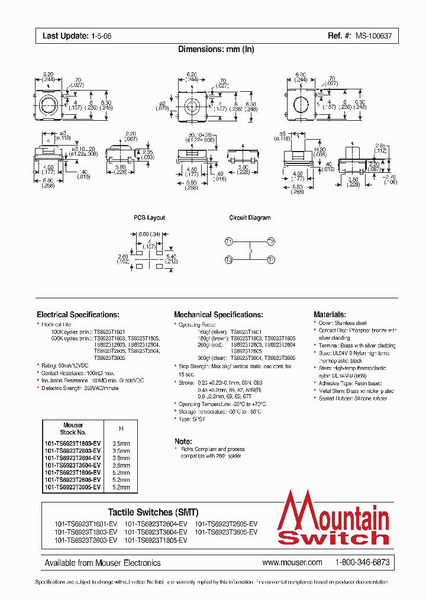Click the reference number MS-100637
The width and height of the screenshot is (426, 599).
tap(373, 36)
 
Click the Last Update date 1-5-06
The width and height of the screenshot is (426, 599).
tap(101, 36)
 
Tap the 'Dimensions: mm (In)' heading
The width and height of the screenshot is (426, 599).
tap(216, 49)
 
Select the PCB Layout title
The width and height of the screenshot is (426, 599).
tap(149, 218)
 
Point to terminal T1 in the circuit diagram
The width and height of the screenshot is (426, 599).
tap(229, 241)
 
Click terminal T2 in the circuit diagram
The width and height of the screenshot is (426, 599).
tap(271, 241)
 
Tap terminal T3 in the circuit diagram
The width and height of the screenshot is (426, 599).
tap(229, 260)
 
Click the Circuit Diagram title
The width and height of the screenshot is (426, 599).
tap(250, 218)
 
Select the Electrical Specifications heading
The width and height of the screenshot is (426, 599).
tap(78, 315)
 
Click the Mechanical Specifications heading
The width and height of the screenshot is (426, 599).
tap(218, 315)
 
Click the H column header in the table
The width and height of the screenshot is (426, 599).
tap(121, 428)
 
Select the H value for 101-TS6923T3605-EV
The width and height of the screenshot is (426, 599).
tap(121, 487)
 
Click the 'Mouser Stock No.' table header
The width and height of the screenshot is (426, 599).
tap(73, 429)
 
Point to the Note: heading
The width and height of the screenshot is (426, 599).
tap(183, 441)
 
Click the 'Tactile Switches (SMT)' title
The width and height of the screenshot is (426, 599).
tap(153, 512)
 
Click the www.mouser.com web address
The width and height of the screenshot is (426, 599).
tap(292, 562)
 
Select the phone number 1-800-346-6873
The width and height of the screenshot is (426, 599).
tap(362, 562)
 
